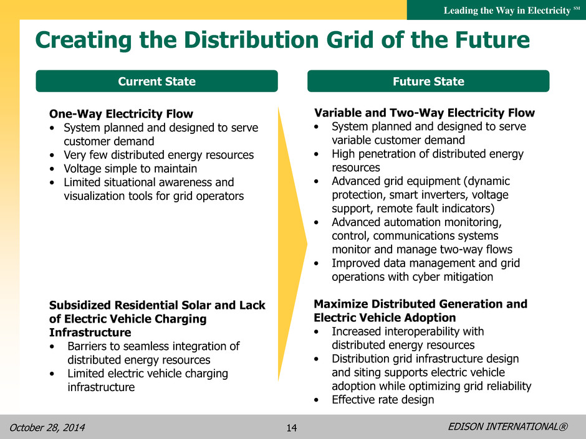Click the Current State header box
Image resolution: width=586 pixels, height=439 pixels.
pyautogui.click(x=156, y=81)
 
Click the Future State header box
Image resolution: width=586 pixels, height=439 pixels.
pyautogui.click(x=428, y=81)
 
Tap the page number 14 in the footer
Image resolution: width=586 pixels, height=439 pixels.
pyautogui.click(x=292, y=428)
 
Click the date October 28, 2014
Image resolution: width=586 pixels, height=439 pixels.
pyautogui.click(x=47, y=427)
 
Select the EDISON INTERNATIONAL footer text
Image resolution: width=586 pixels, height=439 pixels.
pyautogui.click(x=507, y=427)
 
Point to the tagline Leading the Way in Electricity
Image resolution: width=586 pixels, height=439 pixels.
pyautogui.click(x=507, y=11)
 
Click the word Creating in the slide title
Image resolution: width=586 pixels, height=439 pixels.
pyautogui.click(x=84, y=40)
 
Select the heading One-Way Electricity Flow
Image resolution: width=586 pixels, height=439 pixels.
pyautogui.click(x=121, y=114)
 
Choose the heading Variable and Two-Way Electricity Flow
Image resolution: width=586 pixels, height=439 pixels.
pyautogui.click(x=424, y=113)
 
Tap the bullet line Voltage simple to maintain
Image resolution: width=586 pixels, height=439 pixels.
pyautogui.click(x=130, y=169)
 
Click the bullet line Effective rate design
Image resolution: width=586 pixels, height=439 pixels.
pyautogui.click(x=383, y=400)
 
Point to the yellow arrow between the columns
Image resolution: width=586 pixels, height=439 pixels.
pyautogui.click(x=292, y=244)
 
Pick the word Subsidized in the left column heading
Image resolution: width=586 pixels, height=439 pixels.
pyautogui.click(x=80, y=305)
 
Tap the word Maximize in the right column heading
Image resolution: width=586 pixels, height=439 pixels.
pyautogui.click(x=341, y=304)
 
